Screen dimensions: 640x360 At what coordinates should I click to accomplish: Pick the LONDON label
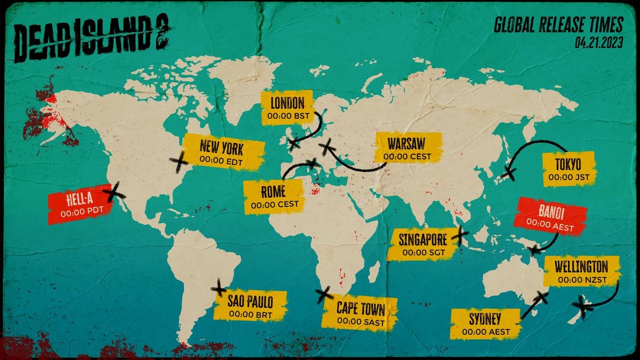(287, 108)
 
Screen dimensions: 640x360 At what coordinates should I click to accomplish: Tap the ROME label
(273, 197)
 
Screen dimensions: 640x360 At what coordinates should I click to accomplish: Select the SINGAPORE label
(422, 245)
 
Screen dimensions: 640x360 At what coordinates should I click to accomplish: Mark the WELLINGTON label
(581, 271)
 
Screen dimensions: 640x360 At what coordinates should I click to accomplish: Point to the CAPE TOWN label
(361, 313)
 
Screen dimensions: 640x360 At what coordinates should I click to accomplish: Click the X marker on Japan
(509, 173)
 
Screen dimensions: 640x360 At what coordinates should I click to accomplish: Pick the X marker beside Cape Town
(323, 294)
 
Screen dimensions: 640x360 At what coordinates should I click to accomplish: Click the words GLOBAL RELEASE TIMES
(558, 25)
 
